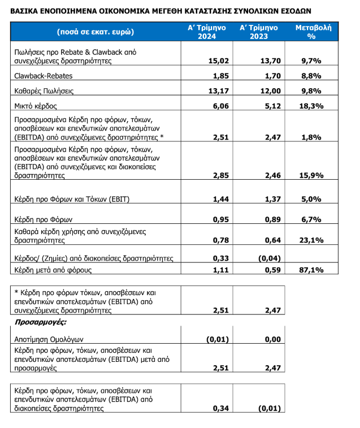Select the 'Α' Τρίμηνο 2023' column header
pyautogui.click(x=258, y=32)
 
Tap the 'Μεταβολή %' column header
pyautogui.click(x=311, y=32)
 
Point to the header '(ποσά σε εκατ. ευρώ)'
pyautogui.click(x=96, y=32)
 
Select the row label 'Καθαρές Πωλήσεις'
pyautogui.click(x=44, y=90)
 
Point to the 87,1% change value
pyautogui.click(x=311, y=270)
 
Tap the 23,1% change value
pyautogui.click(x=311, y=240)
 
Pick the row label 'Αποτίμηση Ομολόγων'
pyautogui.click(x=49, y=339)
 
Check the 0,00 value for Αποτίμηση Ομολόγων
pyautogui.click(x=272, y=339)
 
